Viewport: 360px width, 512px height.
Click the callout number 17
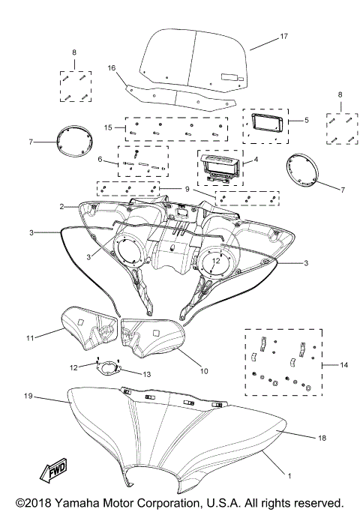click(284, 36)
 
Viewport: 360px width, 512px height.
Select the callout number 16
click(112, 67)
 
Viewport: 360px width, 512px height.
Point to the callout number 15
click(109, 128)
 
